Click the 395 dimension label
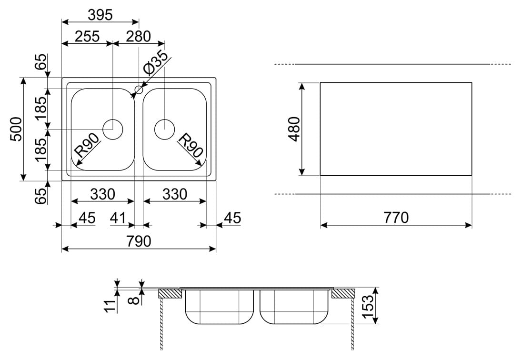click(x=100, y=15)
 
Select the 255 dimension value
click(x=87, y=37)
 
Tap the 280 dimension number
click(x=139, y=37)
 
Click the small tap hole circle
click(x=139, y=90)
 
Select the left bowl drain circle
click(x=113, y=129)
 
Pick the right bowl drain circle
click(x=164, y=129)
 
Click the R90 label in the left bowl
click(x=87, y=145)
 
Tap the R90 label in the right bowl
click(x=190, y=145)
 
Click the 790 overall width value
click(x=139, y=241)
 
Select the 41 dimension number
click(x=118, y=218)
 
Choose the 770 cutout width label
click(x=396, y=218)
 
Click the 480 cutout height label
click(x=294, y=129)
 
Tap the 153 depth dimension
click(x=368, y=306)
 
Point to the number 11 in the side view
click(x=111, y=305)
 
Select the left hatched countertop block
click(x=170, y=294)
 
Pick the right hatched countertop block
click(x=343, y=294)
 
